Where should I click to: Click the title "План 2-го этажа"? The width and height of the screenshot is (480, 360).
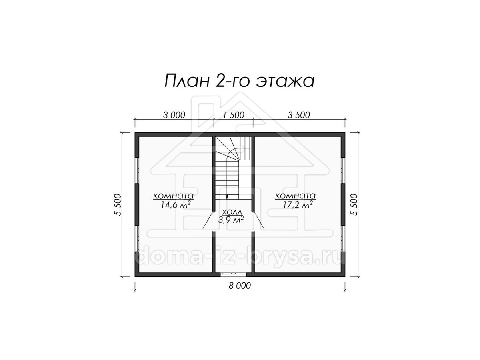[240, 80]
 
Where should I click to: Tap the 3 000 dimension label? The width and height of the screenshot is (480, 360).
[174, 115]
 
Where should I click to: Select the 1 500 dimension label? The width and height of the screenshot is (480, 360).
[234, 115]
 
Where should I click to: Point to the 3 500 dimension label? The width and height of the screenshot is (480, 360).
[299, 115]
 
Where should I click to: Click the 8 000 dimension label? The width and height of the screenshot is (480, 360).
[240, 286]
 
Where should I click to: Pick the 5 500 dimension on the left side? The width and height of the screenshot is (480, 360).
[118, 205]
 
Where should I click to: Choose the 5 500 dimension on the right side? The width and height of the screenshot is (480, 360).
[354, 205]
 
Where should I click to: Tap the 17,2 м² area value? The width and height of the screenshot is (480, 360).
[298, 204]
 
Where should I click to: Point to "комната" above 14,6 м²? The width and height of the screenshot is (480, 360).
[174, 196]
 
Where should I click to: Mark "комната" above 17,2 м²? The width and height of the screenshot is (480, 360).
[296, 196]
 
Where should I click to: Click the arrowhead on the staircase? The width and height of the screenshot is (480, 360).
[227, 197]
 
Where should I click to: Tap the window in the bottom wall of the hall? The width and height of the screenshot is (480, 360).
[233, 275]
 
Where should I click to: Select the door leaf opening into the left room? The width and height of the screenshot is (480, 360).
[208, 220]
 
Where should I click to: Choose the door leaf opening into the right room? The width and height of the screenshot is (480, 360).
[258, 220]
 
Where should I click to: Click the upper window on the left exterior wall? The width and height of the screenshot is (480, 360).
[137, 170]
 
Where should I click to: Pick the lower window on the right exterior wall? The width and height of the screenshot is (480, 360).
[343, 239]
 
